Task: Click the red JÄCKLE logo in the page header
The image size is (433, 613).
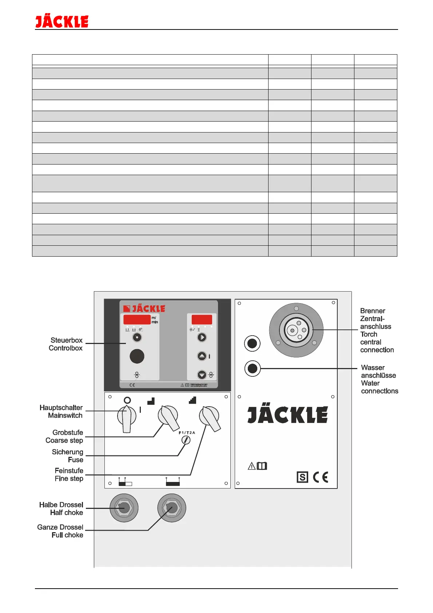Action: pos(62,22)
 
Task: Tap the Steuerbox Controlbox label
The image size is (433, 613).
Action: pos(66,344)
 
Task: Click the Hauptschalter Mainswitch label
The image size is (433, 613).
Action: pos(61,411)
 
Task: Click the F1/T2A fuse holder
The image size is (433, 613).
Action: pos(186,440)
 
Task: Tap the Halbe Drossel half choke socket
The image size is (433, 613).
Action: pos(124,508)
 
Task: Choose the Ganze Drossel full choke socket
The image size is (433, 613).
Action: pos(172,508)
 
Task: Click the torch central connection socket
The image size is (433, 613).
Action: pos(296,330)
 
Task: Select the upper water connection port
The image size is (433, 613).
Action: pos(252,343)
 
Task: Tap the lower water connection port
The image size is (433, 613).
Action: pos(252,368)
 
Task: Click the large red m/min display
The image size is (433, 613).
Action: pos(137,320)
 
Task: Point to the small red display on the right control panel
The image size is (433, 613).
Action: pos(202,319)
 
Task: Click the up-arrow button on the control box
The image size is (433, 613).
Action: pos(202,356)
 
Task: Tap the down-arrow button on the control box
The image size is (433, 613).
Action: pos(202,375)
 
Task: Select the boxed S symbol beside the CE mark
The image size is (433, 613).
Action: pos(302,477)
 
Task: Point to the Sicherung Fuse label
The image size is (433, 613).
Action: pos(68,456)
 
